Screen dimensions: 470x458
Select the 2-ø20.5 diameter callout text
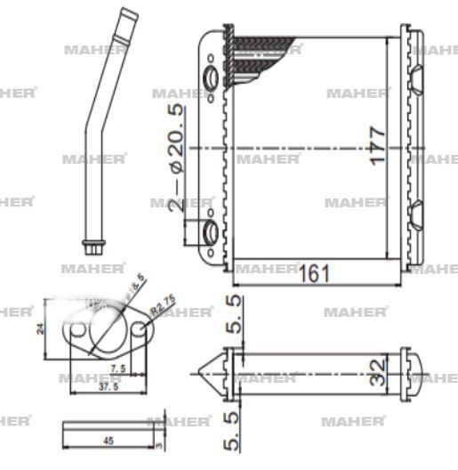177,155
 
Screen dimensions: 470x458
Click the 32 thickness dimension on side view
377,368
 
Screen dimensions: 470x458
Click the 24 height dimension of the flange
40,327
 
